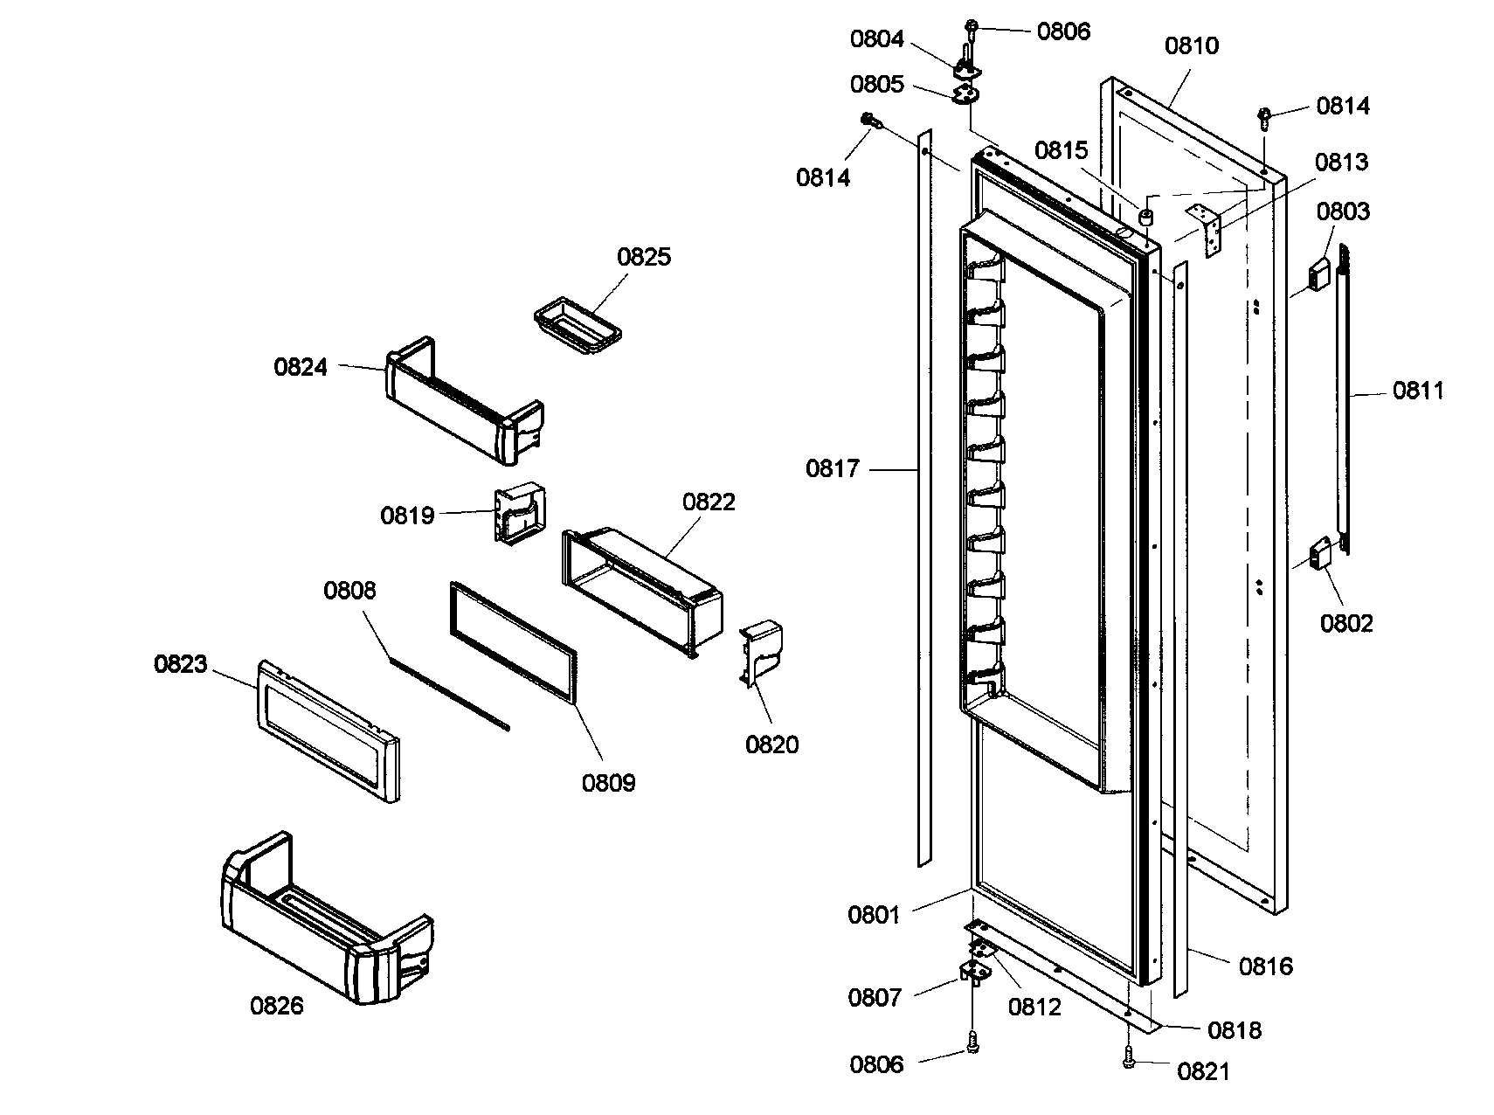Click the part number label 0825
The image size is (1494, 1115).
(x=644, y=257)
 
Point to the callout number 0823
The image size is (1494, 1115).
(x=181, y=664)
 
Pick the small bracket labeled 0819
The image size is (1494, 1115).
(x=521, y=516)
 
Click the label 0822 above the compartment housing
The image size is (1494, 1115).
(x=709, y=502)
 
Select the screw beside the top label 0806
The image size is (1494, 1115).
(x=972, y=26)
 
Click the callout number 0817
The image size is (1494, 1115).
(x=832, y=469)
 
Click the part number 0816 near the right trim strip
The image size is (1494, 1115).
(x=1265, y=966)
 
